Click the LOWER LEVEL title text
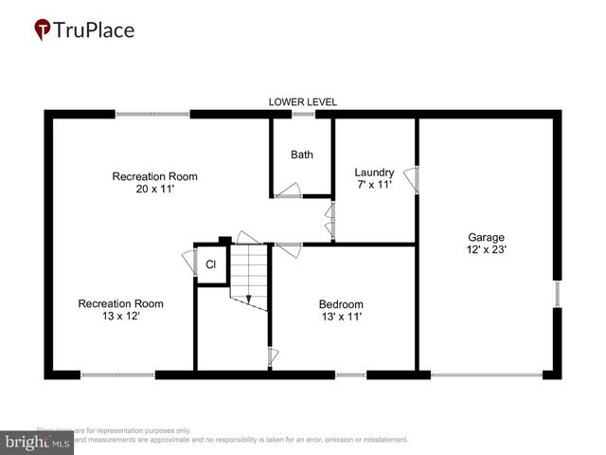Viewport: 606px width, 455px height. pyautogui.click(x=303, y=101)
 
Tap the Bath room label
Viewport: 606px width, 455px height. pyautogui.click(x=302, y=155)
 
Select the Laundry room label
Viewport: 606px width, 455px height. pyautogui.click(x=373, y=172)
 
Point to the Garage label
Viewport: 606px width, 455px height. pyautogui.click(x=486, y=237)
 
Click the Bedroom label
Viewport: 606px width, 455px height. pyautogui.click(x=342, y=303)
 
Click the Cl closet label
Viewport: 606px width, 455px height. pyautogui.click(x=210, y=265)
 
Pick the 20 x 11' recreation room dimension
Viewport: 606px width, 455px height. pyautogui.click(x=154, y=190)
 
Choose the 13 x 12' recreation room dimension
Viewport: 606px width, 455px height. pyautogui.click(x=120, y=317)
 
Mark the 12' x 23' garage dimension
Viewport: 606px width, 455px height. pyautogui.click(x=486, y=250)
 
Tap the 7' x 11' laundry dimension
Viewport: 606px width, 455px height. pyautogui.click(x=373, y=185)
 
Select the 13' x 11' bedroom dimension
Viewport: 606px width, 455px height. pyautogui.click(x=342, y=317)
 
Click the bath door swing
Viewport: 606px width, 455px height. pyautogui.click(x=288, y=192)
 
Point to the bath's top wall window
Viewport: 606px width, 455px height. pyautogui.click(x=303, y=115)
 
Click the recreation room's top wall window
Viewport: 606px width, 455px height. pyautogui.click(x=152, y=115)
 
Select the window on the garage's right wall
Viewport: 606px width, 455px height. pyautogui.click(x=558, y=294)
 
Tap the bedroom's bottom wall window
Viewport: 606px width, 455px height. pyautogui.click(x=350, y=375)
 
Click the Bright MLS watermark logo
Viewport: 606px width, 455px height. pyautogui.click(x=38, y=442)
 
